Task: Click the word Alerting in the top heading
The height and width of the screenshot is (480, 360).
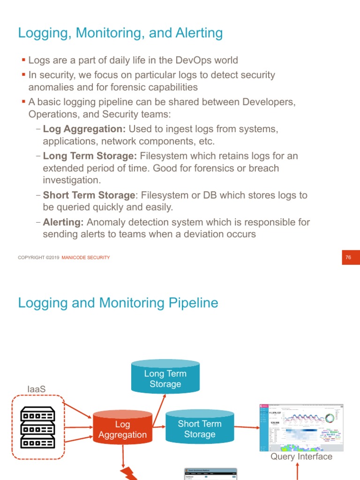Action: (197, 33)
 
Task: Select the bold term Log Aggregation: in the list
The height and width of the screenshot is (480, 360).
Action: (84, 129)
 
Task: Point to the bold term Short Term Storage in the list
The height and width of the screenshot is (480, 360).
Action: (89, 195)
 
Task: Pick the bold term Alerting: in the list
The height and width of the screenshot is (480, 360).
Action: (63, 222)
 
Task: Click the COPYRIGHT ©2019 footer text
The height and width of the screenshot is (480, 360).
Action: (38, 257)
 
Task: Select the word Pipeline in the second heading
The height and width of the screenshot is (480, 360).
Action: (192, 303)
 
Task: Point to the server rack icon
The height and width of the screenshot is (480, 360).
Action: (37, 427)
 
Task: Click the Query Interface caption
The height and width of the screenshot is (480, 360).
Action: (301, 457)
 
